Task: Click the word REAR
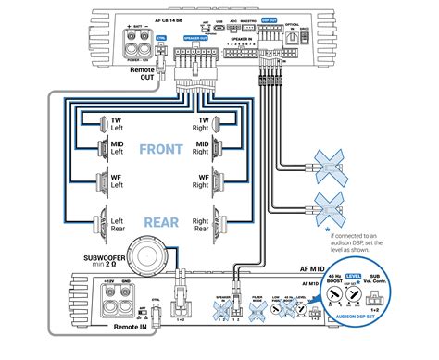161,222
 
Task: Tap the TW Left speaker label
118,123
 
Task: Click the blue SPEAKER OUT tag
194,40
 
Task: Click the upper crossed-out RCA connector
330,165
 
